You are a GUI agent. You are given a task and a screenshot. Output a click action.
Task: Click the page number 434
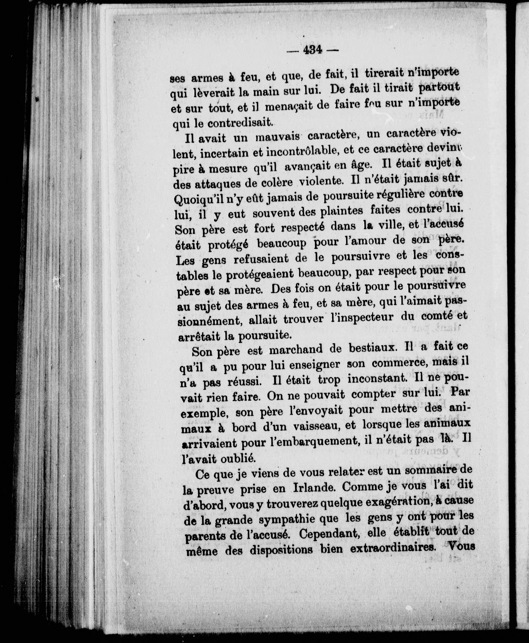click(x=313, y=49)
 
